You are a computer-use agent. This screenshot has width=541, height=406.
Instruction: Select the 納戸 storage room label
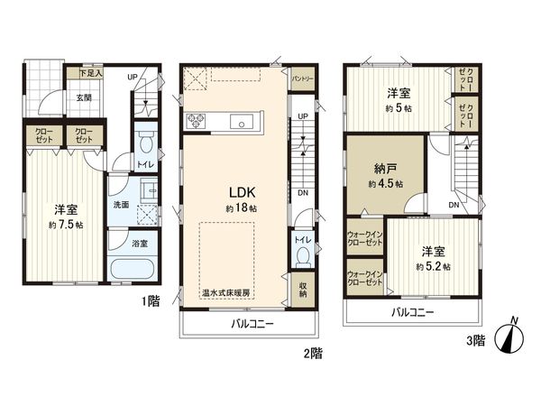(x=384, y=172)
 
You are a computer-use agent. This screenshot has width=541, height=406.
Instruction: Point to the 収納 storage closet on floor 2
(x=304, y=290)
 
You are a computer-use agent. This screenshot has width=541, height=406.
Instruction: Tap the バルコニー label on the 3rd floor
(x=412, y=312)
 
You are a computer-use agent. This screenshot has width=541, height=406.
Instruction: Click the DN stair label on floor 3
(x=454, y=205)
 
